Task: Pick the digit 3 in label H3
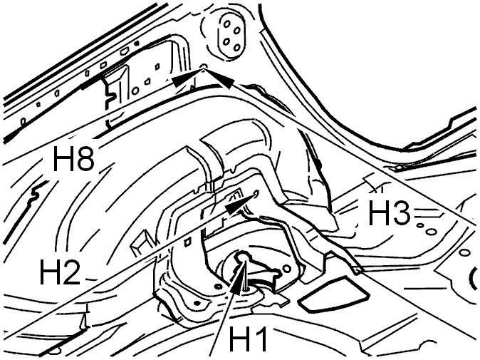coord(401,213)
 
